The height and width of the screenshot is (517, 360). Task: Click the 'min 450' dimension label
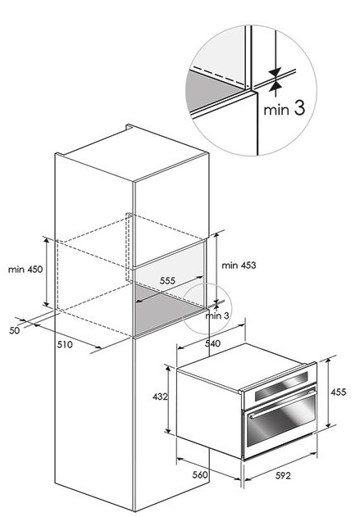coord(25,270)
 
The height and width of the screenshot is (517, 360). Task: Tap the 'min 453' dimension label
coord(239,265)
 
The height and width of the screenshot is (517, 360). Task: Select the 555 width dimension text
coord(167,280)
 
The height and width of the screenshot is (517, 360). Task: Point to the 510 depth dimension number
coord(65,345)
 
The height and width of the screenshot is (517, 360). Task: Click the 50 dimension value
coord(15,330)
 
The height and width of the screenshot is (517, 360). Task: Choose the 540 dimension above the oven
coord(212,343)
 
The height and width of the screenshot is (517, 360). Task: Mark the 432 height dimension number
coord(160,397)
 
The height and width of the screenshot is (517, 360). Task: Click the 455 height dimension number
coord(339,392)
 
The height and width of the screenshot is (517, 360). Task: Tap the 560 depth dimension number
coord(200,474)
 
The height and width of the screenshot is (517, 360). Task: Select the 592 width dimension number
coord(283,475)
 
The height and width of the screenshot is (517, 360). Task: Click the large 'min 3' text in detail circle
coord(284,108)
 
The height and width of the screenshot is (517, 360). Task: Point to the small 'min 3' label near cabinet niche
coord(216,315)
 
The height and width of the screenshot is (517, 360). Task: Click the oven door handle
coord(280,403)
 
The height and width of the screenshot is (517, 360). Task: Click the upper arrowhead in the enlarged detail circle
coord(275,72)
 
